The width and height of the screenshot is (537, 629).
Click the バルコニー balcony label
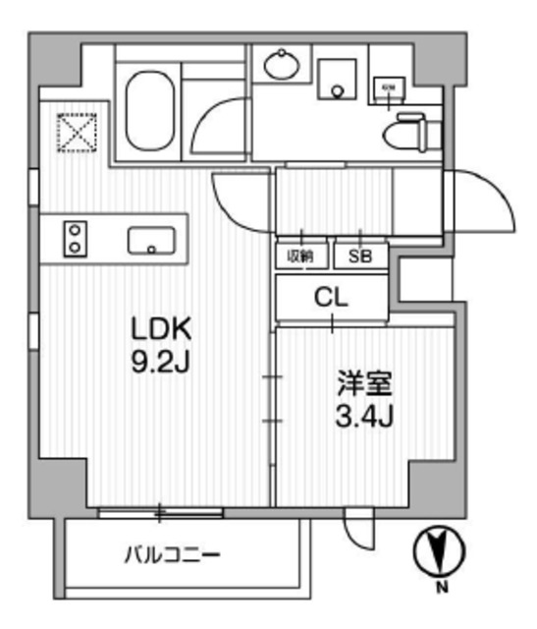pyautogui.click(x=172, y=555)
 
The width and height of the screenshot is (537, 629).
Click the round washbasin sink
pyautogui.click(x=284, y=67)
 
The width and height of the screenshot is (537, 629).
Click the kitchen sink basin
pyautogui.click(x=151, y=239)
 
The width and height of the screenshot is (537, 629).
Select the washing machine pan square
pyautogui.click(x=339, y=79)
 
